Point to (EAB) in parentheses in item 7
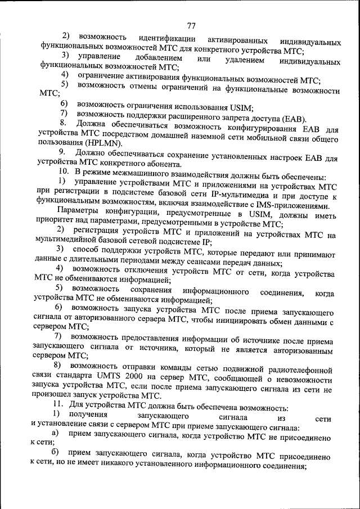coord(295,118)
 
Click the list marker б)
coord(55,453)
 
